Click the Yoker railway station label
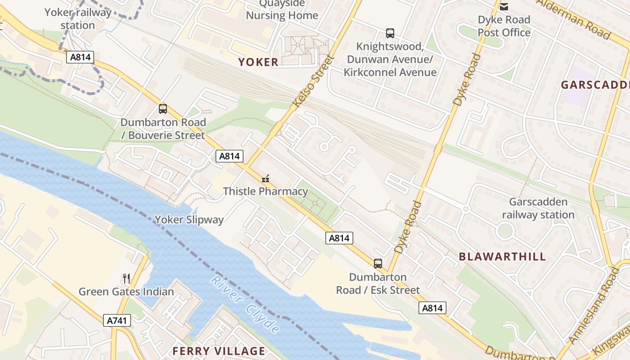[x=77, y=18]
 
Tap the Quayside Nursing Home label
[x=282, y=9]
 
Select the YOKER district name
[x=258, y=62]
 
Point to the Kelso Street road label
[x=314, y=82]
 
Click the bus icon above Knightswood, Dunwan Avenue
[x=390, y=33]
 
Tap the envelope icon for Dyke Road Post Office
[x=504, y=6]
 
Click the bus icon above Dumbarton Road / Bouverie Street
[x=163, y=108]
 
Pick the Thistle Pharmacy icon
[x=265, y=179]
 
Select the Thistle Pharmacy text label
[x=265, y=191]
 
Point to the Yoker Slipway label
[x=189, y=220]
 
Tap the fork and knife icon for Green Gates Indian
[x=126, y=279]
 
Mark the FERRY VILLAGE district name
[x=219, y=351]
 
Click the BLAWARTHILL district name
[x=502, y=257]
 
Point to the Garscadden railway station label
[x=538, y=208]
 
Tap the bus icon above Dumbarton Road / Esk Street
[x=378, y=264]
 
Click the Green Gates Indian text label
[x=126, y=292]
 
